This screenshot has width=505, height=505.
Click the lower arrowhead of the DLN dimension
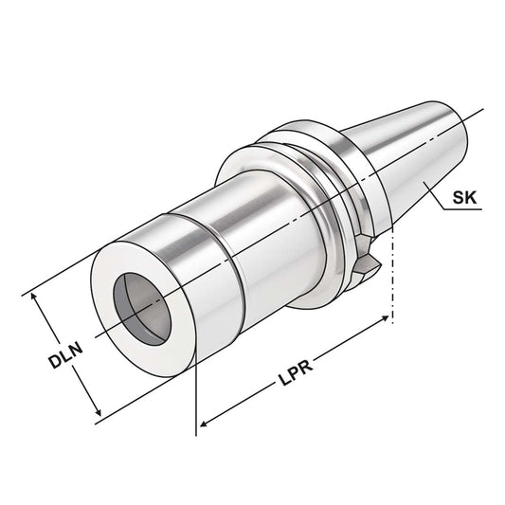(98, 414)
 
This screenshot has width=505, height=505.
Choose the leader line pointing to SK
(432, 193)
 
